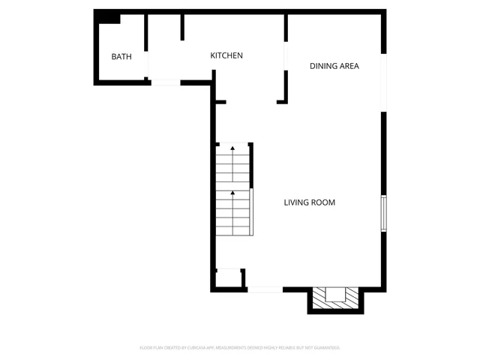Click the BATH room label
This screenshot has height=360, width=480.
coord(121,57)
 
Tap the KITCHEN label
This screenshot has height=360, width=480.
coord(226,55)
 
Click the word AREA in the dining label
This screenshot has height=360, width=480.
coord(349,66)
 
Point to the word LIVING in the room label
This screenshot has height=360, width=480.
coord(297,202)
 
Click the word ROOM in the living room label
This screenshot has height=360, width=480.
coord(324,202)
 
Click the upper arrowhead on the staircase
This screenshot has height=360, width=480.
coord(232,148)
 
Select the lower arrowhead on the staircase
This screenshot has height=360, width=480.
coord(232,193)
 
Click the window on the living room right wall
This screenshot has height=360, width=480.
coord(383,212)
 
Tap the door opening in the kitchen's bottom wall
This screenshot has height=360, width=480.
coord(166,82)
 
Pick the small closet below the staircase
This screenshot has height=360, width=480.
coord(228,278)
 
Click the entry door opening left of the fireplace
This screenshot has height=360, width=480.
coord(265,289)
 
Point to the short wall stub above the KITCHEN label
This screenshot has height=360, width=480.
coord(182,26)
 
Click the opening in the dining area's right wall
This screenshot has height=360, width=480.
coord(384,82)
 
